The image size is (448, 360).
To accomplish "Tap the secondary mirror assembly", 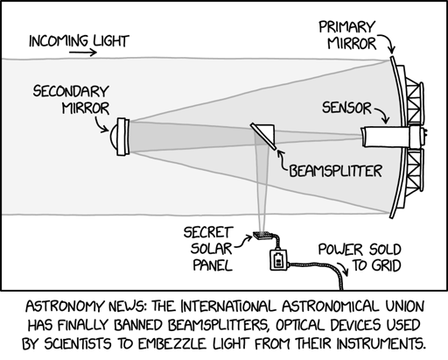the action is pos(120,137).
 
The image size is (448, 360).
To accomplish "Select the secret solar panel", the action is pos(262,235).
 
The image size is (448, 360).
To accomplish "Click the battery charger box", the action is pos(278,259).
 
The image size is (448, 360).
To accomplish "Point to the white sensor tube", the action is pos(385,137).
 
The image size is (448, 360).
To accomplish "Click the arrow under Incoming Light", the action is pos(82,53).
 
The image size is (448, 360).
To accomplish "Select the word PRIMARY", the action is pos(346,27).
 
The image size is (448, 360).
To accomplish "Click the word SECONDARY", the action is pos(71,91).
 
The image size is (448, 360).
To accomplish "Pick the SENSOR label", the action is pos(346,108).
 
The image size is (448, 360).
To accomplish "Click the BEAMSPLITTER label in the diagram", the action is pos(335,171).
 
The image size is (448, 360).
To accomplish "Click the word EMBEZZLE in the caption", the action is pos(172,343).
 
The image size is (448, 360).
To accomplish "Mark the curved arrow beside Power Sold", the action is pos(342,268).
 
